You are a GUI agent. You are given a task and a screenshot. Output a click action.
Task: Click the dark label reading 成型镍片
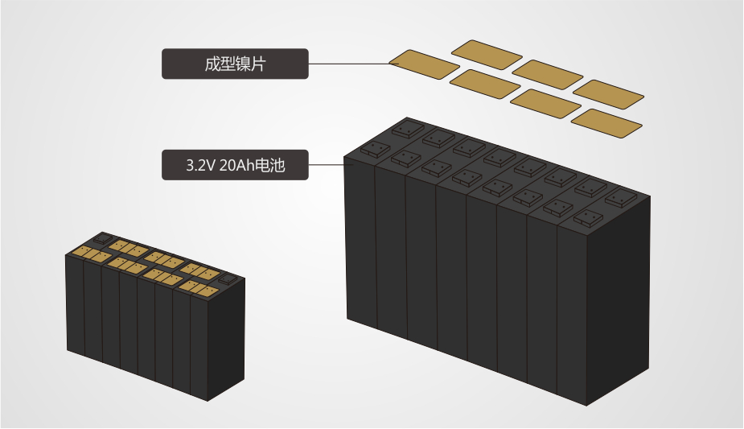(235, 64)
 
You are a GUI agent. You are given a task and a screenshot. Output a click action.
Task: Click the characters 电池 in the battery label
(270, 165)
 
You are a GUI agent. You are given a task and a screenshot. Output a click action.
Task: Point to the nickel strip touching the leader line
(424, 64)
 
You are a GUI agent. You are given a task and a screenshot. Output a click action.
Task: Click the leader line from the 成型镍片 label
(349, 64)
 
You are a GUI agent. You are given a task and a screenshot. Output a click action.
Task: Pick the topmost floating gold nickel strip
(487, 55)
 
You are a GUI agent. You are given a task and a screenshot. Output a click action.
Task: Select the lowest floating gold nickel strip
(606, 123)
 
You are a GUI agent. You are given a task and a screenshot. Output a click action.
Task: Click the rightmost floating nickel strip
(608, 94)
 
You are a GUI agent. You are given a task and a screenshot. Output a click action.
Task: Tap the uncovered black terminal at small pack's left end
(102, 238)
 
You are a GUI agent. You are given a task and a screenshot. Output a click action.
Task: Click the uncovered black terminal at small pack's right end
(228, 279)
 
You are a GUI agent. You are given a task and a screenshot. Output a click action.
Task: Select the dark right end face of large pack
(619, 300)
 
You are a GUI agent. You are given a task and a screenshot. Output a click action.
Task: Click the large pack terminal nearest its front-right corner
(589, 219)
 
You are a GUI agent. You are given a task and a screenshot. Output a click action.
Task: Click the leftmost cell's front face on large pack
(361, 241)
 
